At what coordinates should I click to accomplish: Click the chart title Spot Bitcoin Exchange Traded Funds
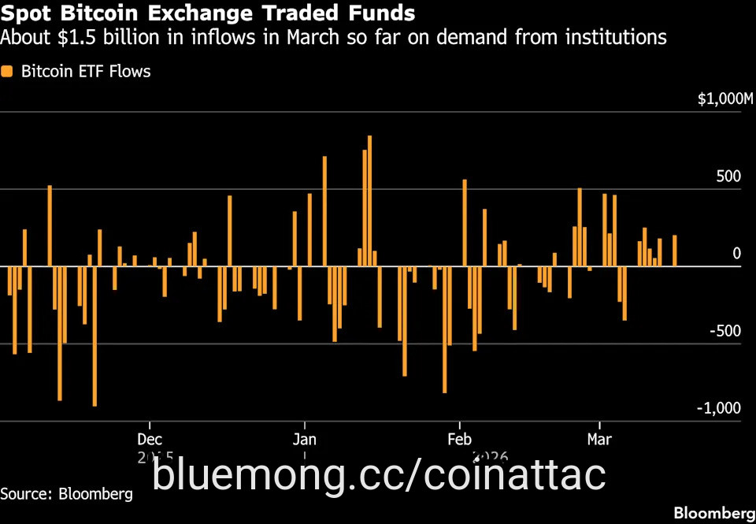click(x=208, y=13)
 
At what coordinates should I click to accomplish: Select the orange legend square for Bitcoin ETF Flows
click(x=8, y=72)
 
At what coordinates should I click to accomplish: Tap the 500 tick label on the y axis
click(x=729, y=177)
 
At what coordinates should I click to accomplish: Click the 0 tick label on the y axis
click(x=737, y=254)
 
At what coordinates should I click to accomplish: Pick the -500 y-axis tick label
click(x=725, y=331)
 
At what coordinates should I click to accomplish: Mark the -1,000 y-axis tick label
click(x=719, y=408)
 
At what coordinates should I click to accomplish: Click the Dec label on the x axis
click(x=150, y=439)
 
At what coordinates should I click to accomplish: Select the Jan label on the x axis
click(x=304, y=439)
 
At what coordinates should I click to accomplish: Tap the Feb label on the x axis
click(x=459, y=439)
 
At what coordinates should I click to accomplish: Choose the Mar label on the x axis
click(x=599, y=439)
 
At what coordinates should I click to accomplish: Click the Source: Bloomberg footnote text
click(x=66, y=494)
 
